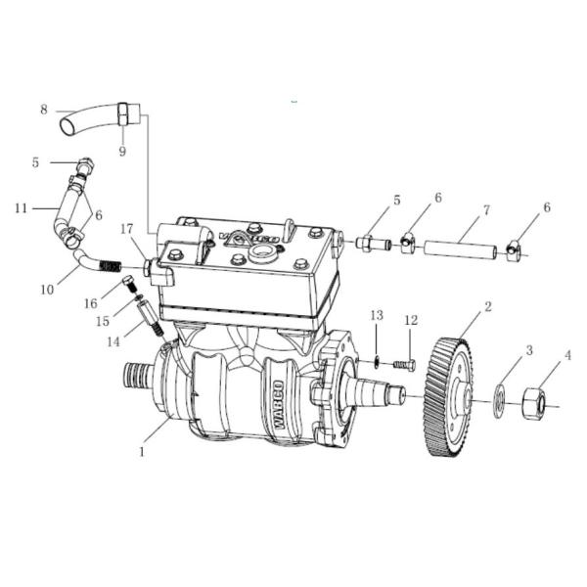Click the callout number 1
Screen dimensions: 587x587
coord(142,452)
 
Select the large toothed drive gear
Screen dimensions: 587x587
coord(452,396)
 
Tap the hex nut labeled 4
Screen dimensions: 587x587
coord(535,400)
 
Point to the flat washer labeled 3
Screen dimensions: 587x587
coord(498,399)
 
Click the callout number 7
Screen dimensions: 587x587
coord(486,209)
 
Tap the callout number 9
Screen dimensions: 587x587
coord(122,151)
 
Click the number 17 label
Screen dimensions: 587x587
coord(127,229)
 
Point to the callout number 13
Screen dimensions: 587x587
coord(376,314)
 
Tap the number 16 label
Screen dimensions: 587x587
coord(90,305)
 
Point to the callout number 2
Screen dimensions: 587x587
coord(488,306)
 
